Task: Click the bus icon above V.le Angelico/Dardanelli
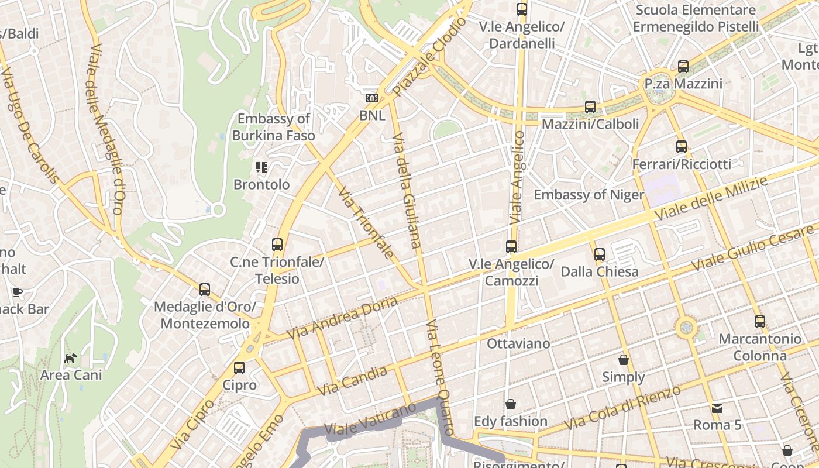(521, 9)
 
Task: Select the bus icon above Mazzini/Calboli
(590, 107)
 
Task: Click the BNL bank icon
(372, 98)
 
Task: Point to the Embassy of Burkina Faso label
(273, 127)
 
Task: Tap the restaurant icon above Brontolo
(261, 167)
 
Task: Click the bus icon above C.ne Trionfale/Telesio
(277, 245)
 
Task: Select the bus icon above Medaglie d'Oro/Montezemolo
(205, 290)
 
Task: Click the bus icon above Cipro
(239, 368)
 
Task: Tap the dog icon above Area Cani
(71, 358)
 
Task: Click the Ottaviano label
(518, 343)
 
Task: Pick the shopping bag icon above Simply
(624, 360)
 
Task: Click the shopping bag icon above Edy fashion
(511, 404)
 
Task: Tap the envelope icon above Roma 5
(717, 408)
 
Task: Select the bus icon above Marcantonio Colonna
(759, 321)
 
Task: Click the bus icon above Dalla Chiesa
(600, 254)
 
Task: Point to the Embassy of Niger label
(589, 195)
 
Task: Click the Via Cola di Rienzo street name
(623, 408)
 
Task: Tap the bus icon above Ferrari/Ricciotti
(682, 147)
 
